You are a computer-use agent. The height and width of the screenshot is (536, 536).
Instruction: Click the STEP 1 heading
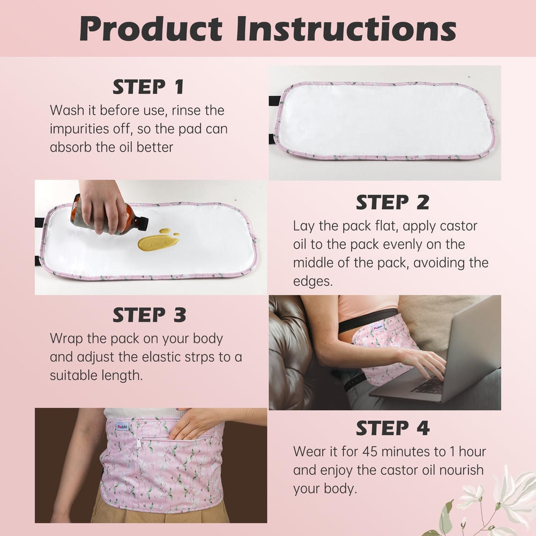pyautogui.click(x=148, y=86)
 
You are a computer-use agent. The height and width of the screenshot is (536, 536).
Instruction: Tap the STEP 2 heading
pyautogui.click(x=392, y=203)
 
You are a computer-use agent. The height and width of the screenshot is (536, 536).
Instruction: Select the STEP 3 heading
pyautogui.click(x=149, y=315)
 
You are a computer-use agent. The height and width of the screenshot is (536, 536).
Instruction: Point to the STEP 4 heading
pyautogui.click(x=392, y=428)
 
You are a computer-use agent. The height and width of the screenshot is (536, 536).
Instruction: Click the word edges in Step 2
pyautogui.click(x=312, y=281)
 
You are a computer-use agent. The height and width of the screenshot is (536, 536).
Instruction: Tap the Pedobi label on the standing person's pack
pyautogui.click(x=122, y=427)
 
